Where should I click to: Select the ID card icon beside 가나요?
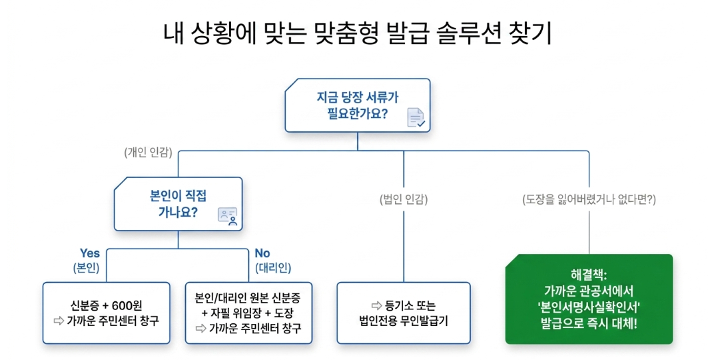(227, 216)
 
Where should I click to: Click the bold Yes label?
(90, 253)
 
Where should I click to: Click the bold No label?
(262, 253)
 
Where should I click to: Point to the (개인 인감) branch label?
(148, 153)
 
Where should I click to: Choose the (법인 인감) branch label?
(404, 199)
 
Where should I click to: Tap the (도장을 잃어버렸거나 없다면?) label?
(589, 199)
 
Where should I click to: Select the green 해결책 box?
(589, 299)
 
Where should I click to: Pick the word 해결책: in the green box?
(589, 274)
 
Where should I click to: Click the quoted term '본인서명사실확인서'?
(589, 307)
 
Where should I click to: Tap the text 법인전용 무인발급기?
(404, 321)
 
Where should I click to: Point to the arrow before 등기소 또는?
(377, 306)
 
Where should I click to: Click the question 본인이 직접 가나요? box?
(178, 204)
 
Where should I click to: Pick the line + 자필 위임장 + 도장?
(248, 312)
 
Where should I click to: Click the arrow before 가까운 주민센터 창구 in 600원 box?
(58, 320)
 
